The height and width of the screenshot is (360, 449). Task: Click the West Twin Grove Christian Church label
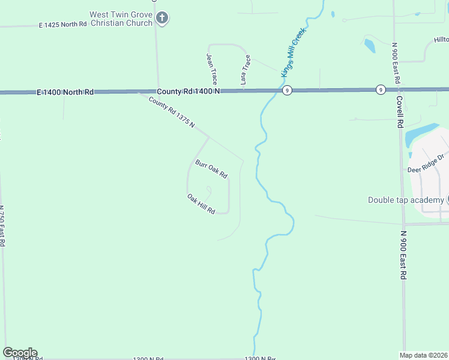coord(121,19)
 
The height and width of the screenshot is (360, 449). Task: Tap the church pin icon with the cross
coord(161,19)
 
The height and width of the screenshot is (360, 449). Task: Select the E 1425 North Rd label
coord(63,25)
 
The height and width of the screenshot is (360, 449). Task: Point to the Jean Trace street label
coord(211,69)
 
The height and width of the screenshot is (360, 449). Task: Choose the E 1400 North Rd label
coord(65,92)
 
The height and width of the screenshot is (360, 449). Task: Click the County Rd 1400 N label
coord(189,92)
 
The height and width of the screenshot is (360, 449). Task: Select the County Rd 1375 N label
coord(172,112)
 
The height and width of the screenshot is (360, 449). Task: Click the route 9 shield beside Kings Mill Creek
coord(288,90)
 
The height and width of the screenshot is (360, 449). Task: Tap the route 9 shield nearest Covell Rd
coord(381,90)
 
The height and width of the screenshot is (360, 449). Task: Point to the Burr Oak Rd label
coord(211,168)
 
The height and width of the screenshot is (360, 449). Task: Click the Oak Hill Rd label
coord(201,205)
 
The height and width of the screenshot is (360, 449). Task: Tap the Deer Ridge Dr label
coord(426,163)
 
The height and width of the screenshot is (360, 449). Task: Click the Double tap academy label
coord(406,200)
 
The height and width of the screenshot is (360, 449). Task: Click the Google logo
coord(20,353)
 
